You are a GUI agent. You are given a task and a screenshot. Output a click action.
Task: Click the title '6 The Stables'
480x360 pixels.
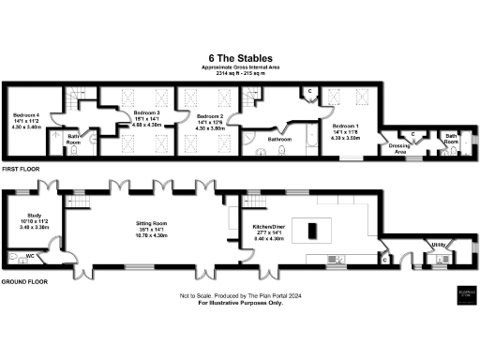click(241, 59)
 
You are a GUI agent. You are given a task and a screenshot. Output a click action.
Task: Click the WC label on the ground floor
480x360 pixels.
click(31, 255)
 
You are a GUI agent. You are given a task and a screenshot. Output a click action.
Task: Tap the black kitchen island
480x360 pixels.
click(312, 228)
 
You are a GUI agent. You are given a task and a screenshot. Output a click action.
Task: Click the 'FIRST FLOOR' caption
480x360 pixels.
click(22, 170)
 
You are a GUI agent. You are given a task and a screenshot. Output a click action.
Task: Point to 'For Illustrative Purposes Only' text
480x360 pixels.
click(240, 302)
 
